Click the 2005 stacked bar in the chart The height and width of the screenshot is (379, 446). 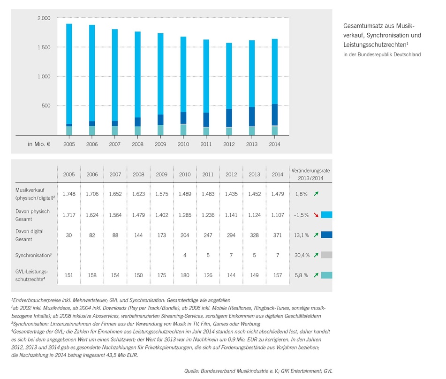69,79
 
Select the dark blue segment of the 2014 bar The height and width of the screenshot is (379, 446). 275,114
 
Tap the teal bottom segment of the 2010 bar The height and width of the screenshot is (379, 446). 183,129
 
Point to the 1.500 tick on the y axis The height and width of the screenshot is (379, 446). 44,47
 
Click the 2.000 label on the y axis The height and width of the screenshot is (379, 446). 44,18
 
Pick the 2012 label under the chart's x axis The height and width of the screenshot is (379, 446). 229,144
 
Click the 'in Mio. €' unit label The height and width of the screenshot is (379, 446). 39,144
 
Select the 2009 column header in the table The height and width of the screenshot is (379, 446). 161,174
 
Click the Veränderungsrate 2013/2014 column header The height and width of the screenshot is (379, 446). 310,174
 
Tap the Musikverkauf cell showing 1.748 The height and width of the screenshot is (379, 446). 69,194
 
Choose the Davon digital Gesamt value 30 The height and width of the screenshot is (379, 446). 69,235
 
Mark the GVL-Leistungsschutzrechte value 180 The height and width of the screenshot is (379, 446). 185,275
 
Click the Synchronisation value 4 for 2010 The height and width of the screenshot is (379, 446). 185,255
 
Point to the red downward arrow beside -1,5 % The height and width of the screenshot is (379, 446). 316,215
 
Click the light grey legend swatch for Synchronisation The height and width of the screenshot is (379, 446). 326,255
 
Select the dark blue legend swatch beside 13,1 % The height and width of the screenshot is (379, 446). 326,235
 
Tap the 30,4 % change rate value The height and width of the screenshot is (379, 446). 302,255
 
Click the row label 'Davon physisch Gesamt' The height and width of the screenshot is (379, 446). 32,215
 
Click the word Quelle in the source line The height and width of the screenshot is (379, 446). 191,371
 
